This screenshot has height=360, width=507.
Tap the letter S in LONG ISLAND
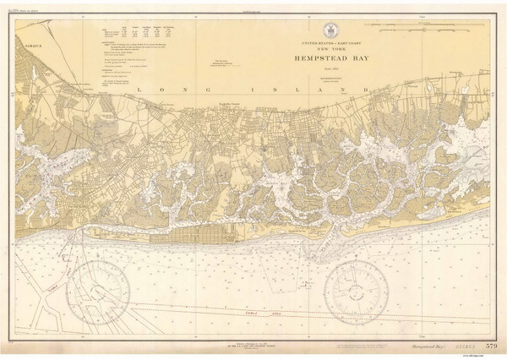293,88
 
